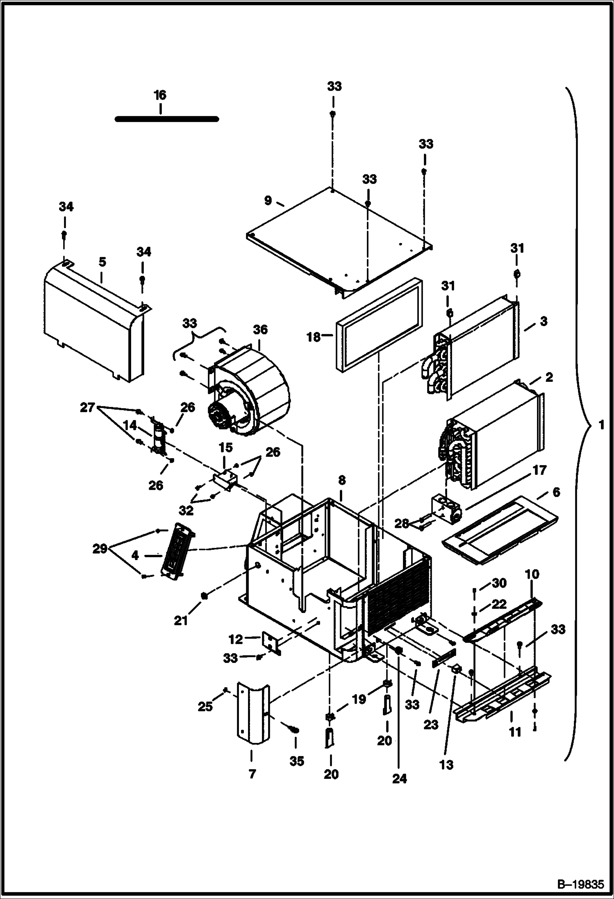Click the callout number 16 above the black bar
pyautogui.click(x=160, y=95)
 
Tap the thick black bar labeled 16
pyautogui.click(x=166, y=119)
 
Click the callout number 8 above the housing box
pyautogui.click(x=342, y=480)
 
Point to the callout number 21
pyautogui.click(x=181, y=620)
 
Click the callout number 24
pyautogui.click(x=400, y=779)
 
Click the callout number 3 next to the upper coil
pyautogui.click(x=544, y=321)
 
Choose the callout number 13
pyautogui.click(x=447, y=764)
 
